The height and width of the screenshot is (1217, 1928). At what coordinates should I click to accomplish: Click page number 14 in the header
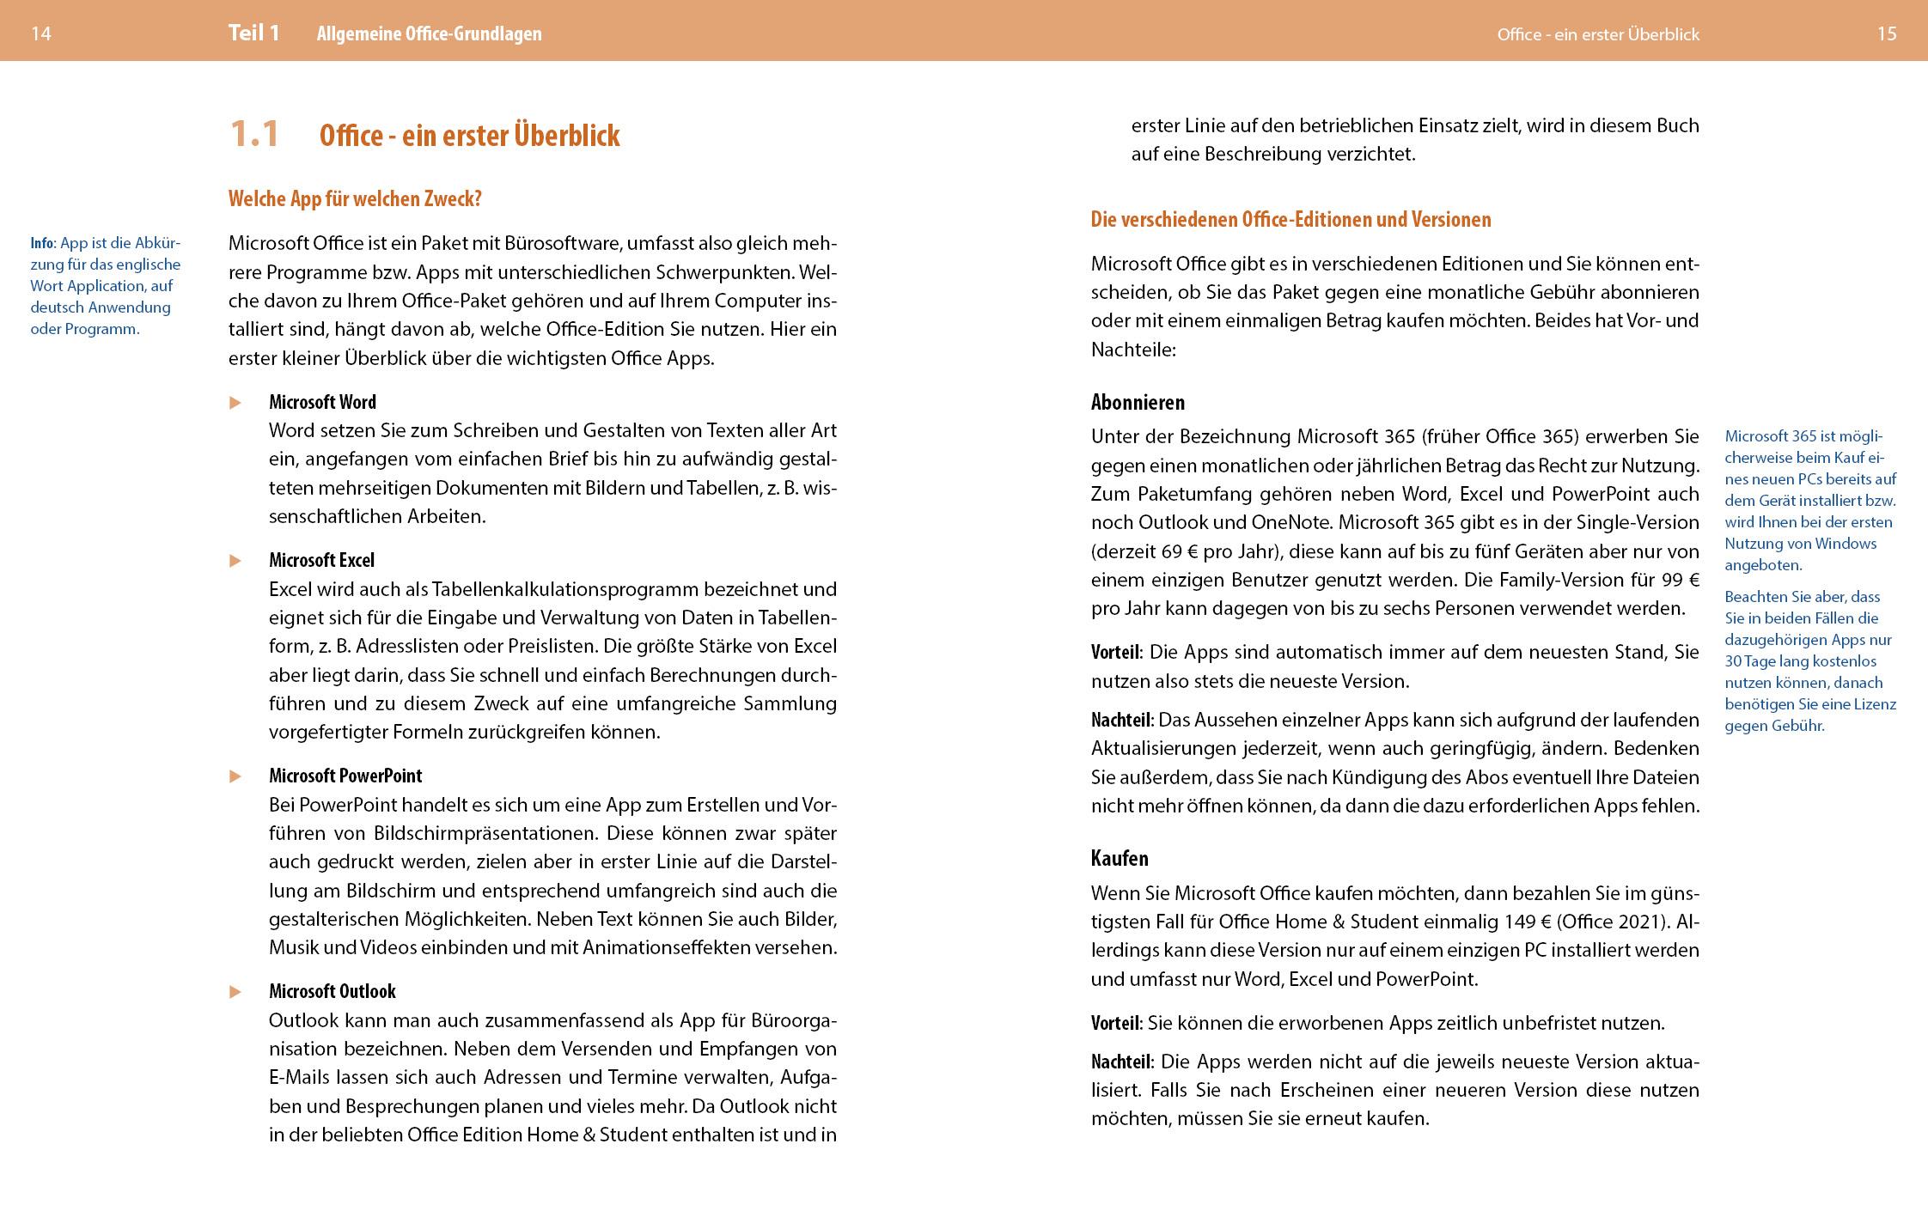(x=41, y=33)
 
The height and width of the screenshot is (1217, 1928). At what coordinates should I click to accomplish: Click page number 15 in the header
(x=1887, y=33)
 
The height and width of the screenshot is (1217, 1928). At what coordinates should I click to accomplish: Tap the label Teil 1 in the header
(x=253, y=33)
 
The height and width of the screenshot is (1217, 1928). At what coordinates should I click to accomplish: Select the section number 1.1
(x=254, y=135)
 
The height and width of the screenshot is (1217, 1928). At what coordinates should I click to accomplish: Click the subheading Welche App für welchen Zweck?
(x=355, y=199)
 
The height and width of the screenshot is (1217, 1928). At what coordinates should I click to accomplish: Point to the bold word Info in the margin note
(x=41, y=243)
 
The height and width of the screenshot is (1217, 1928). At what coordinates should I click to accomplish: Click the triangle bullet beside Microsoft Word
(x=235, y=403)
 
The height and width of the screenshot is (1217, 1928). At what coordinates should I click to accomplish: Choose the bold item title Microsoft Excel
(x=321, y=561)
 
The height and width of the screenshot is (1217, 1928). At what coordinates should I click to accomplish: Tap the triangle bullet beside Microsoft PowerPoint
(x=235, y=776)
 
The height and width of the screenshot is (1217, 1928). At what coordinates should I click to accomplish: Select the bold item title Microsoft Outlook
(x=332, y=992)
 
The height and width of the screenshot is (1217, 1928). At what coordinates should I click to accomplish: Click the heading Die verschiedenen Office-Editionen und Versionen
(x=1290, y=220)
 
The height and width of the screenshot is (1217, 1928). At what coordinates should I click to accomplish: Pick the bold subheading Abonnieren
(x=1138, y=403)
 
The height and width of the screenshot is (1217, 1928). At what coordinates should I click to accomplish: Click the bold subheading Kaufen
(x=1120, y=859)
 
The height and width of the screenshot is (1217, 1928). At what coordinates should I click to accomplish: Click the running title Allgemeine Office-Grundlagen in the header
(x=429, y=34)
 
